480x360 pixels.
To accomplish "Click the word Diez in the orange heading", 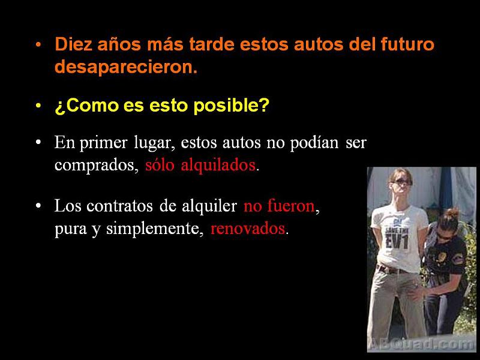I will pyautogui.click(x=72, y=45).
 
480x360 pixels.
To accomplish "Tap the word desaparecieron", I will pyautogui.click(x=125, y=67).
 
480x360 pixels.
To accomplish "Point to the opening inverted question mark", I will pyautogui.click(x=59, y=107).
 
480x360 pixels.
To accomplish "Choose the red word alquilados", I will pyautogui.click(x=218, y=165).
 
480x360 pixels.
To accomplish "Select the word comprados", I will pyautogui.click(x=97, y=166).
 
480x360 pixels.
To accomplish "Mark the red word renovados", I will pyautogui.click(x=248, y=229).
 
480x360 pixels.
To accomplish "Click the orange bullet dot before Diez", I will pyautogui.click(x=38, y=46).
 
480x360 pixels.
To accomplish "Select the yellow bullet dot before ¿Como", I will pyautogui.click(x=38, y=107).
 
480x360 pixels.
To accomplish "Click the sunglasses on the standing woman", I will pyautogui.click(x=401, y=181).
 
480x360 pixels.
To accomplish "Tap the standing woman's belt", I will pyautogui.click(x=393, y=269).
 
